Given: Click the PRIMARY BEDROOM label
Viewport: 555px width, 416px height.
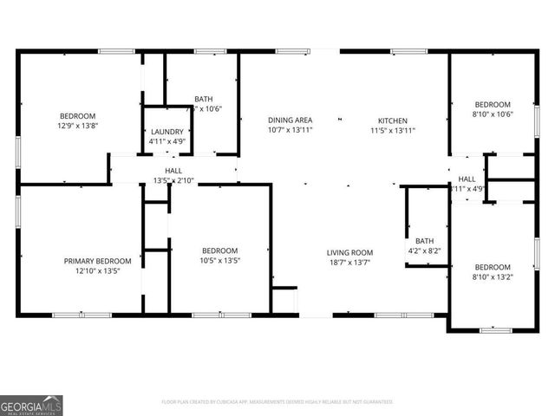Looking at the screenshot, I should coord(97,261).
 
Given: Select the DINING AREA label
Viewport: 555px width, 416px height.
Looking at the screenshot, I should coord(290,120).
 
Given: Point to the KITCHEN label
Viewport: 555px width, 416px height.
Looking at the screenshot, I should coord(392,120).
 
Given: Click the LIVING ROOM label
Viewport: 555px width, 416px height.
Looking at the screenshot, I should coord(349,253).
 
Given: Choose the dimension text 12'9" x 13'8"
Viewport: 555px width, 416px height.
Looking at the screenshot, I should coord(77,126).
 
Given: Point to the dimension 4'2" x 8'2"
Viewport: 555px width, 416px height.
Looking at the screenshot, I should coord(425,250).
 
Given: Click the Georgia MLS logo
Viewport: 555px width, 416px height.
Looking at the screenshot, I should coord(31,405).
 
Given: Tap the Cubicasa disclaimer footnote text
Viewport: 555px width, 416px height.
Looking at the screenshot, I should coord(277,402).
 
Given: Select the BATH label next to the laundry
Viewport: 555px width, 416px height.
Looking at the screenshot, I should coord(204,100).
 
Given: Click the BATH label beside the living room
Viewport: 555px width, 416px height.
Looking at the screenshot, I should coord(425,241).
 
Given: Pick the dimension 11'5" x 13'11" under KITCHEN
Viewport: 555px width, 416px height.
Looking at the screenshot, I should coord(392,130).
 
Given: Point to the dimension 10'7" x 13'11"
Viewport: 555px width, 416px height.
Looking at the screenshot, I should coord(290,130).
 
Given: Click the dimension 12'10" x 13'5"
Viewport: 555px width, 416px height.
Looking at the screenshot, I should coord(97,270).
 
